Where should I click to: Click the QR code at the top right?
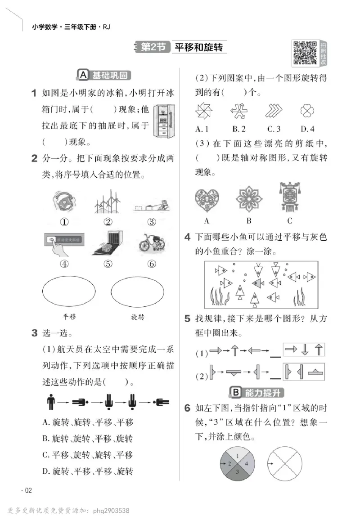pos(305,53)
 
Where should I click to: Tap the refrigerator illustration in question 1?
pos(162,121)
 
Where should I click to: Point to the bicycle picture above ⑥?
pos(152,243)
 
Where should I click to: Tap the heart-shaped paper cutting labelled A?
pos(207,199)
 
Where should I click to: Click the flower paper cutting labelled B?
pos(249,199)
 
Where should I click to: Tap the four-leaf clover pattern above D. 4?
pos(307,111)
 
